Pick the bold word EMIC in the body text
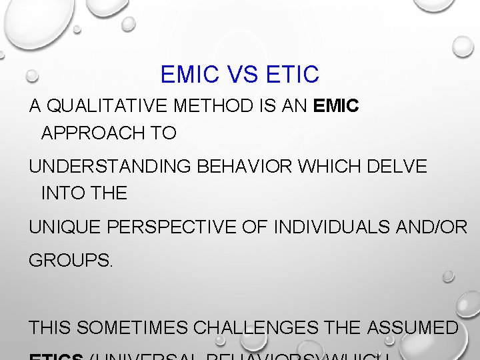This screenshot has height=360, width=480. pyautogui.click(x=336, y=107)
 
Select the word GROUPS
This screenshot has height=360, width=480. pyautogui.click(x=71, y=260)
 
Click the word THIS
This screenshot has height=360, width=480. pyautogui.click(x=50, y=328)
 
